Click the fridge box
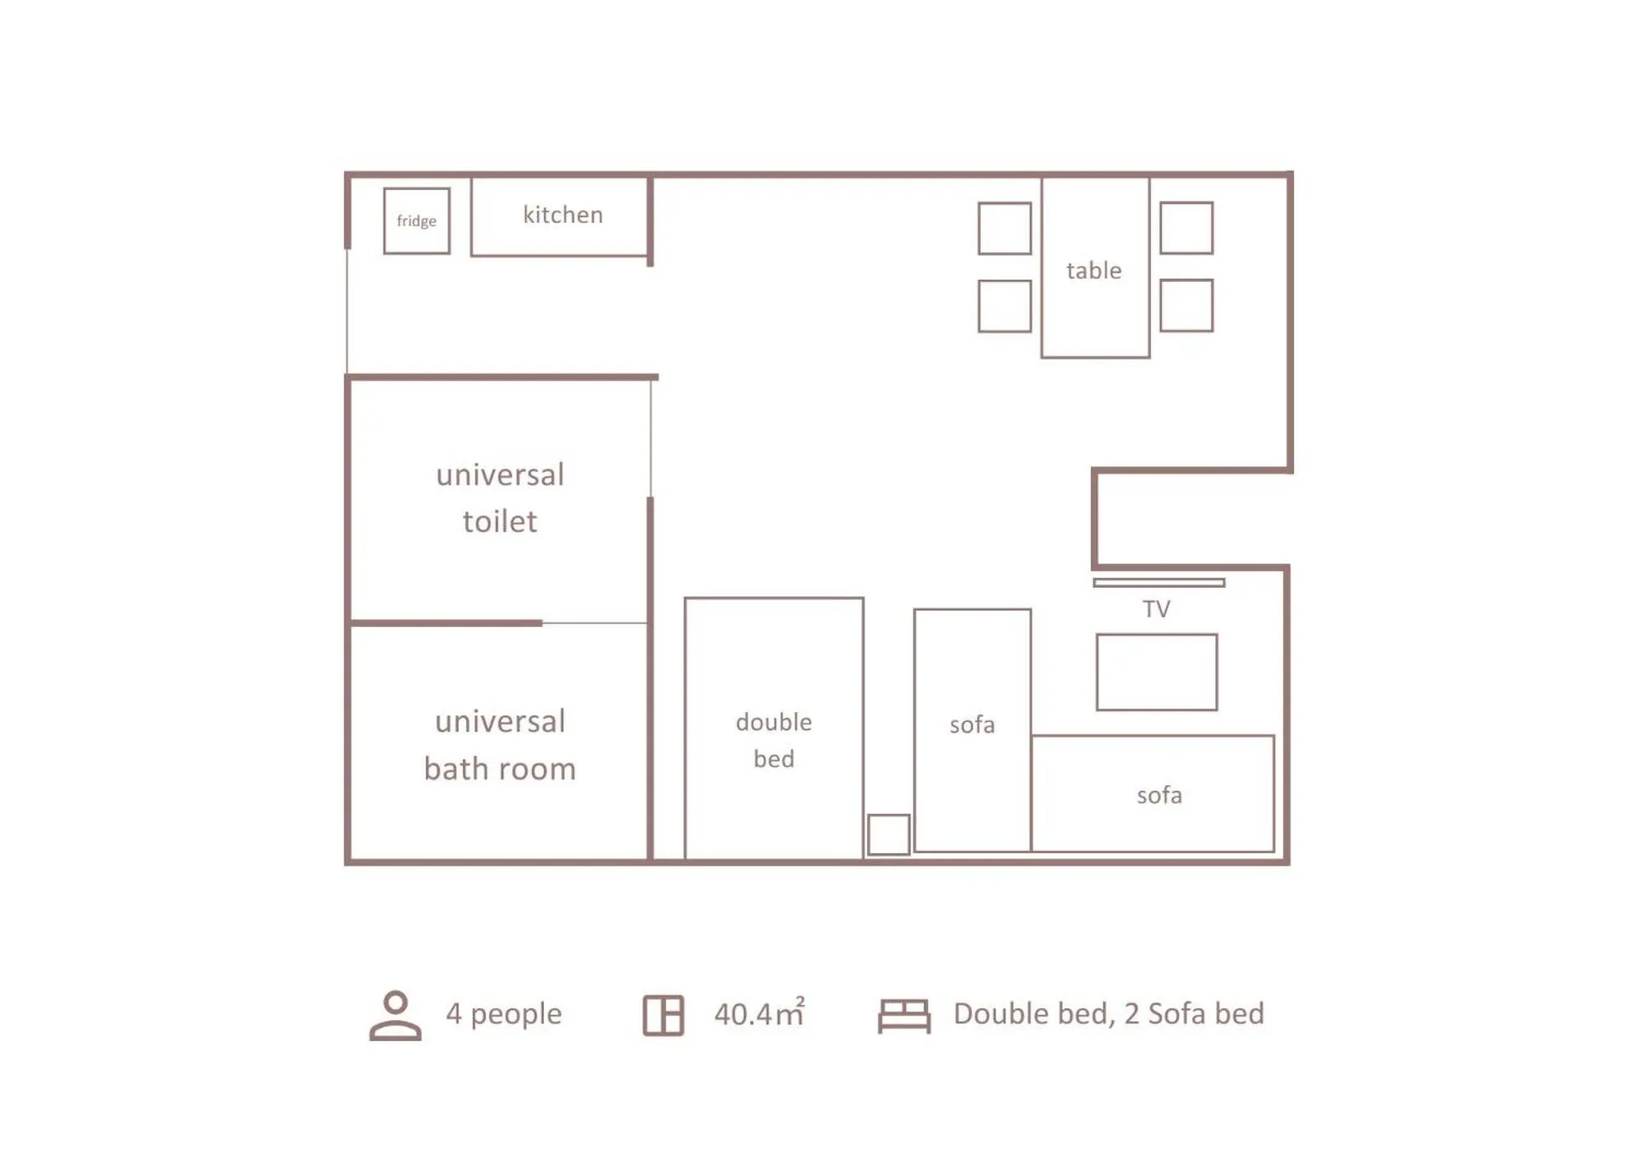pyautogui.click(x=416, y=220)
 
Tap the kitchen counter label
pyautogui.click(x=562, y=215)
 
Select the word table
pyautogui.click(x=1093, y=270)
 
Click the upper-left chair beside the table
pyautogui.click(x=1004, y=228)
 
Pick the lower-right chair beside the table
pyautogui.click(x=1186, y=305)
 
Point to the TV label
pyautogui.click(x=1155, y=609)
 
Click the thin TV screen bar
pyautogui.click(x=1158, y=583)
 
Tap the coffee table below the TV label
pyautogui.click(x=1156, y=672)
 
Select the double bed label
pyautogui.click(x=774, y=739)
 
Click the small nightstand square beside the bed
pyautogui.click(x=888, y=834)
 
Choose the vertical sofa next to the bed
pyautogui.click(x=972, y=725)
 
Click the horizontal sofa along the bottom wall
pyautogui.click(x=1158, y=795)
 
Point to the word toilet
pyautogui.click(x=500, y=521)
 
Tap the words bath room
pyautogui.click(x=500, y=769)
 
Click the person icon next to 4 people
pyautogui.click(x=395, y=1015)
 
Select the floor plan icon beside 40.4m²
pyautogui.click(x=663, y=1015)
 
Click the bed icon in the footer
pyautogui.click(x=904, y=1016)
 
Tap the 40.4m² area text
pyautogui.click(x=759, y=1014)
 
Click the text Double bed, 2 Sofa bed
pyautogui.click(x=1108, y=1014)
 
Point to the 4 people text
pyautogui.click(x=503, y=1014)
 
